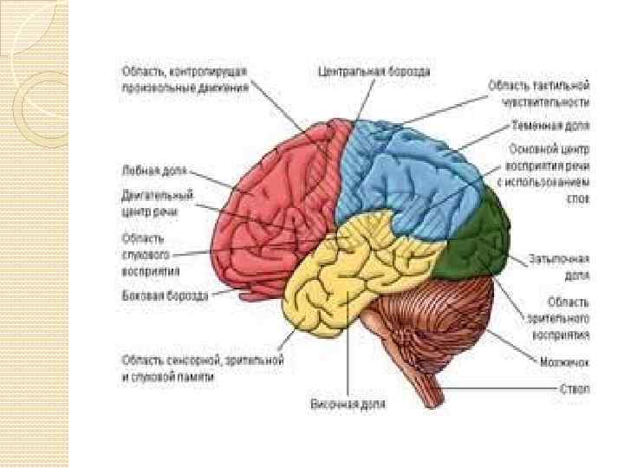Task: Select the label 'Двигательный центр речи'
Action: coord(157,202)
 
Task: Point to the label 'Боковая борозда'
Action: coord(164,296)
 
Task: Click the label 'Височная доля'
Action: coord(348,404)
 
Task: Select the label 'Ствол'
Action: coord(574,390)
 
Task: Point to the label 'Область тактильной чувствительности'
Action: coord(539,93)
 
